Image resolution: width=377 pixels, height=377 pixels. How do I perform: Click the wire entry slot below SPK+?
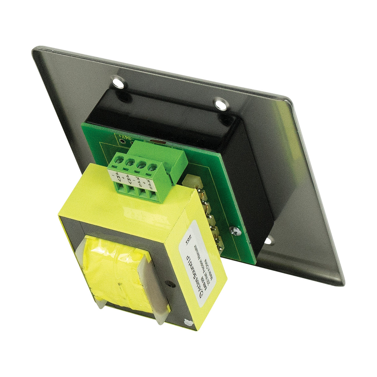pos(152,196)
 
